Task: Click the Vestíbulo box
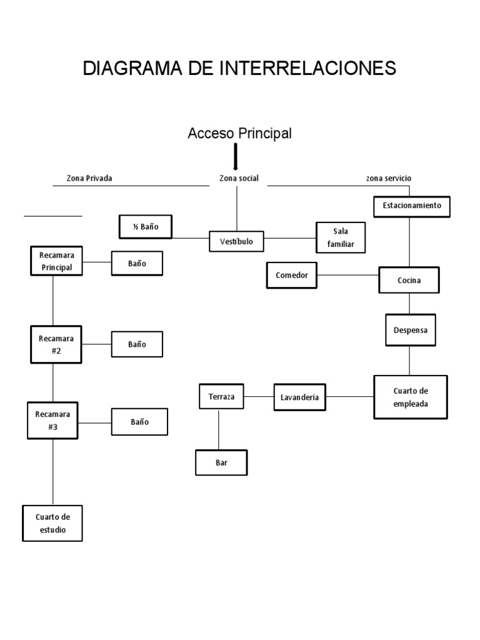(236, 241)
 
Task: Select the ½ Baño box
(146, 227)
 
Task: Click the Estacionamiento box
(411, 206)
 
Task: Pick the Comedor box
(292, 275)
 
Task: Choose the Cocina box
(409, 280)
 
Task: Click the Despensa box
(410, 330)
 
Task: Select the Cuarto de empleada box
(411, 397)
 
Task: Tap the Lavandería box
(300, 397)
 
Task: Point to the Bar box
(221, 463)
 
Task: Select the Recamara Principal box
(57, 261)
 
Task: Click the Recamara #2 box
(56, 344)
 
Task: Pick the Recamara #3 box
(52, 420)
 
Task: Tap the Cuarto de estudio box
(52, 523)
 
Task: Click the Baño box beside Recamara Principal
(137, 263)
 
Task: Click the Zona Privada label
(89, 178)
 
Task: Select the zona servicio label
(389, 178)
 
